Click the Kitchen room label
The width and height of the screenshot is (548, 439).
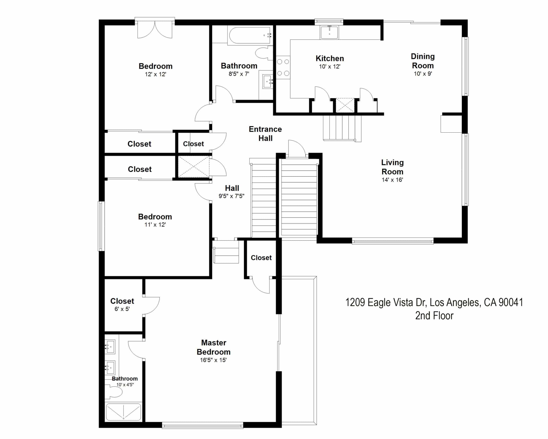330,59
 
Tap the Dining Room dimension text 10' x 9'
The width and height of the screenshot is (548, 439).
423,74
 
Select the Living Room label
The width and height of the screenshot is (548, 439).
392,167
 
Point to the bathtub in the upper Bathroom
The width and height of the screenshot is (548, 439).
250,35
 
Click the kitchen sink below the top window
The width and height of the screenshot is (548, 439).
329,32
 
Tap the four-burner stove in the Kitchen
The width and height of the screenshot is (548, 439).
283,67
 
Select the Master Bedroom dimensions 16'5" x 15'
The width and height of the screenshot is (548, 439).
213,360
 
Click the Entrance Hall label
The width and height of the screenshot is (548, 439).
265,134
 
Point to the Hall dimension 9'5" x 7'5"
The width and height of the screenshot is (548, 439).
232,196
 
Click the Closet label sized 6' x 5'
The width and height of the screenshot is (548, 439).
122,301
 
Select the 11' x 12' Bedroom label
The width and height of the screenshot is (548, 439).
155,217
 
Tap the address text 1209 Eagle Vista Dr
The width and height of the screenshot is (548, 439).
385,302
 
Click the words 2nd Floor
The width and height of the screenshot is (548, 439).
434,316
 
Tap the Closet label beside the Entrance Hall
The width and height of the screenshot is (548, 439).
193,144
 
